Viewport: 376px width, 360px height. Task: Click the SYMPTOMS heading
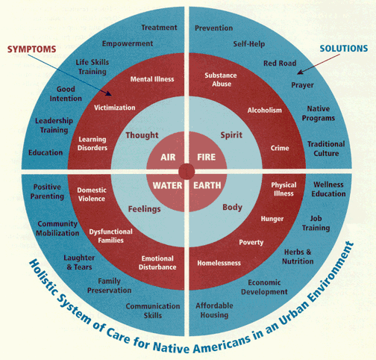point(31,49)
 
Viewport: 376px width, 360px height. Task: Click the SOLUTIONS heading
point(344,49)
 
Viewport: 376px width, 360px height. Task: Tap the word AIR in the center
point(168,157)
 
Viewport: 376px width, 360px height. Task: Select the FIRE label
point(207,157)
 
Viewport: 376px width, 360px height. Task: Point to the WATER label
point(167,185)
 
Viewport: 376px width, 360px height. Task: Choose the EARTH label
point(207,185)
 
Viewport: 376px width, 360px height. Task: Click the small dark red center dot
point(187,172)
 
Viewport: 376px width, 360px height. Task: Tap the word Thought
point(142,135)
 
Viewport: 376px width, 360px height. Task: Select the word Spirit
point(231,135)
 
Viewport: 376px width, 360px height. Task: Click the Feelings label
point(144,209)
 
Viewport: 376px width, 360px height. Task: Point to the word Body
point(232,207)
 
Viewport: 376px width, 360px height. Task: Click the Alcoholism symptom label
point(265,110)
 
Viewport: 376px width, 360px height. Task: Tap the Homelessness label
point(219,263)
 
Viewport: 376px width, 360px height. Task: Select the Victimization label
point(115,108)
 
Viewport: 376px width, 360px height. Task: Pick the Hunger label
point(272,219)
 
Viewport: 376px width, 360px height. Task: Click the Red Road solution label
point(280,63)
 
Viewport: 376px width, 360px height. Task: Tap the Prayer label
point(302,85)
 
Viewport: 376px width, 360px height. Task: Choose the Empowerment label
point(128,43)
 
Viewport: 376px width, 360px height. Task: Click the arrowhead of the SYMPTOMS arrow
point(109,93)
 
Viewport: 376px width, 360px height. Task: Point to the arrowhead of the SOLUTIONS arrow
point(300,72)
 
